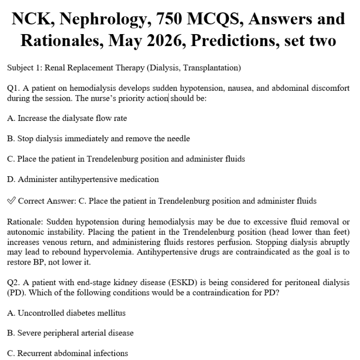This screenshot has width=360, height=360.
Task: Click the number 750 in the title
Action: tap(188, 19)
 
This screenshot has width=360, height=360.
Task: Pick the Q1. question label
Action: tap(13, 88)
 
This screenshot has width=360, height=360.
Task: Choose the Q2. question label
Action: tap(13, 282)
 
